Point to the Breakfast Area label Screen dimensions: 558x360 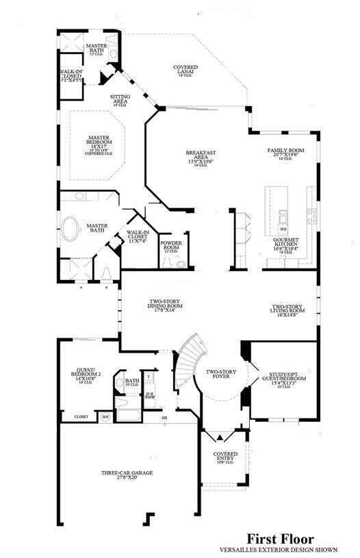202,157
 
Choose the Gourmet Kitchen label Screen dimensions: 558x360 286,245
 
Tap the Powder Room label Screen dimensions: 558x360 171,246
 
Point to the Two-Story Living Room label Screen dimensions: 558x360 288,312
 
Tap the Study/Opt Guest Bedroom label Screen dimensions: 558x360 283,379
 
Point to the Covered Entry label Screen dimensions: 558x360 226,457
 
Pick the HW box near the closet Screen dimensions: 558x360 105,415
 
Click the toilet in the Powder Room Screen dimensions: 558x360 181,263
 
